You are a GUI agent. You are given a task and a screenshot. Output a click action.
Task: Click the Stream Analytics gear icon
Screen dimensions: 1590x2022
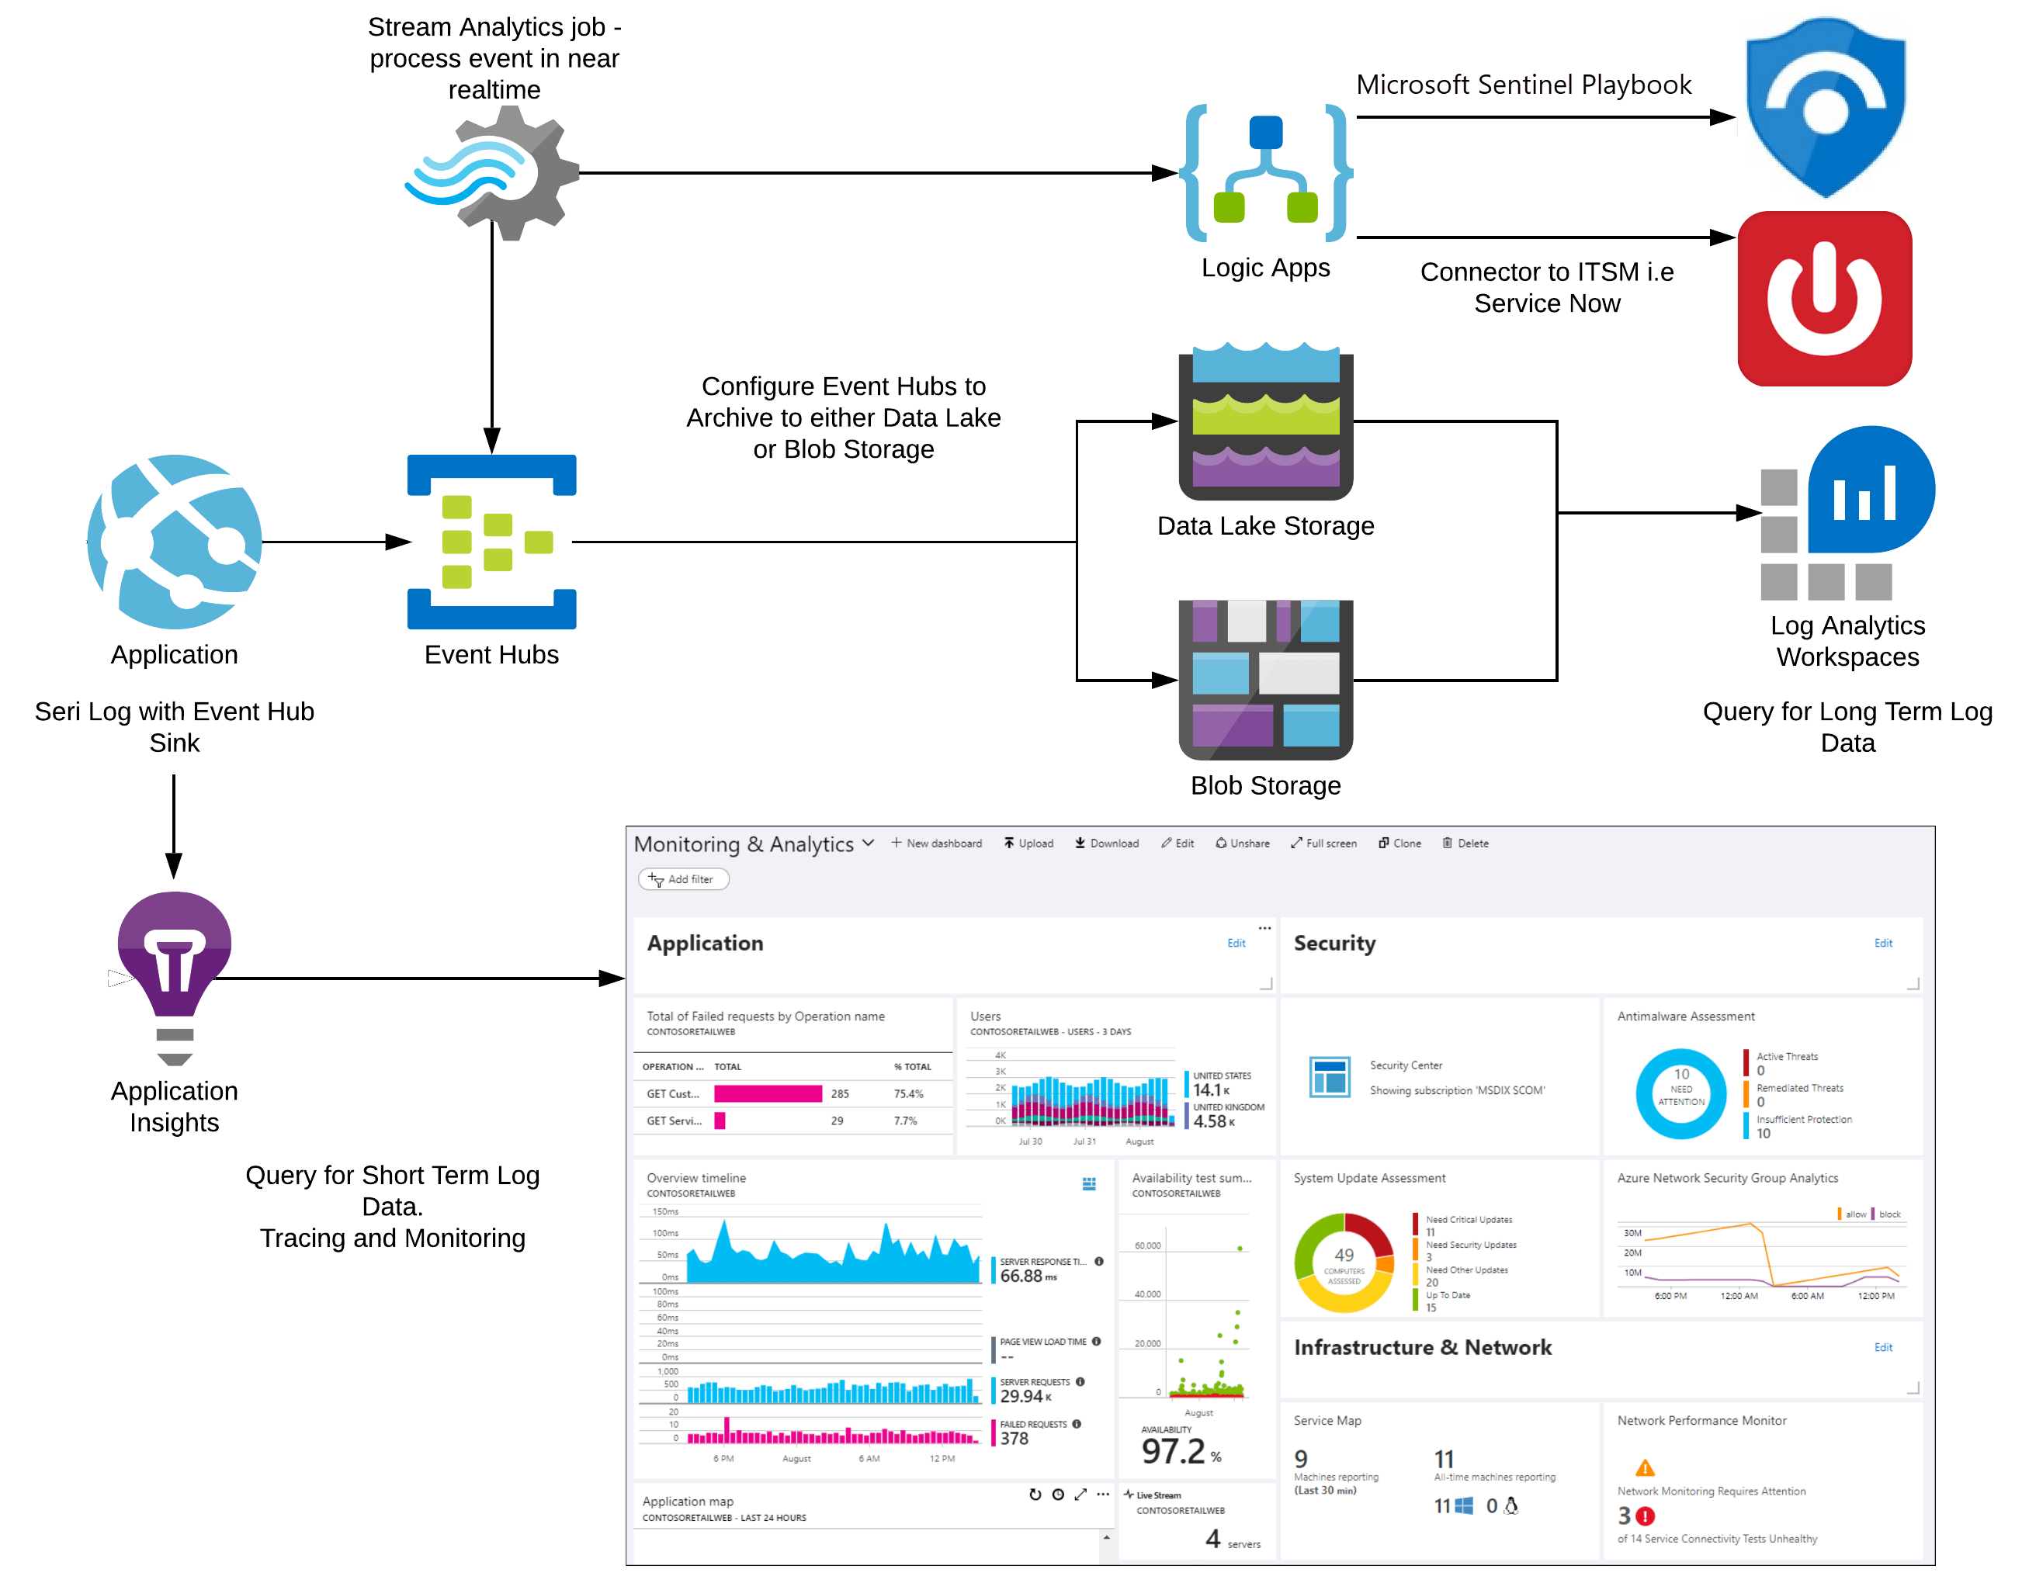click(x=491, y=173)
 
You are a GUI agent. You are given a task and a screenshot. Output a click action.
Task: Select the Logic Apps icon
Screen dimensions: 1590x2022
click(x=1265, y=173)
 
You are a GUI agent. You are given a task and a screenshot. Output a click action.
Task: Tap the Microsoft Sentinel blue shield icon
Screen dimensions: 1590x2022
click(x=1825, y=107)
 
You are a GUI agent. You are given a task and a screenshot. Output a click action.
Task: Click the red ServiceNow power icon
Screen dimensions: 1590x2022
click(x=1825, y=298)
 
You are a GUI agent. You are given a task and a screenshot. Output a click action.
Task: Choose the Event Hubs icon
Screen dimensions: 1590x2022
click(x=491, y=541)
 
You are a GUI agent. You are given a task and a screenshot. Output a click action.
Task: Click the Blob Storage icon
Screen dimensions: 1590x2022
click(x=1265, y=680)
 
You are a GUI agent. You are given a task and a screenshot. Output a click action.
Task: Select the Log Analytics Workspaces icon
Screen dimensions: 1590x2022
click(x=1847, y=513)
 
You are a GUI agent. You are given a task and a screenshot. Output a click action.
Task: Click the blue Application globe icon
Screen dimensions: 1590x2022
click(x=174, y=541)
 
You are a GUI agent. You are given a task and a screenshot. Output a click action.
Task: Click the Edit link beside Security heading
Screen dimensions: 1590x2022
click(x=1882, y=943)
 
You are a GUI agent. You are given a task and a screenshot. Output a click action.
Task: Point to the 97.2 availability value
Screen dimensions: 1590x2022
click(x=1173, y=1450)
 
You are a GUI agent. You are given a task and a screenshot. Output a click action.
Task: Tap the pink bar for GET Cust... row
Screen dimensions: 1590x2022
click(x=767, y=1094)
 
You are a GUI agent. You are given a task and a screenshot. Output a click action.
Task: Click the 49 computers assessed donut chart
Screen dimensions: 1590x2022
click(x=1344, y=1263)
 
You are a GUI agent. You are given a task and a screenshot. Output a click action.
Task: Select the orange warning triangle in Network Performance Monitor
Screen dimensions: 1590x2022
click(x=1645, y=1468)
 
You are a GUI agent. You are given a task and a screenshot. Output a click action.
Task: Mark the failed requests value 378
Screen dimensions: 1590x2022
click(x=1014, y=1438)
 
